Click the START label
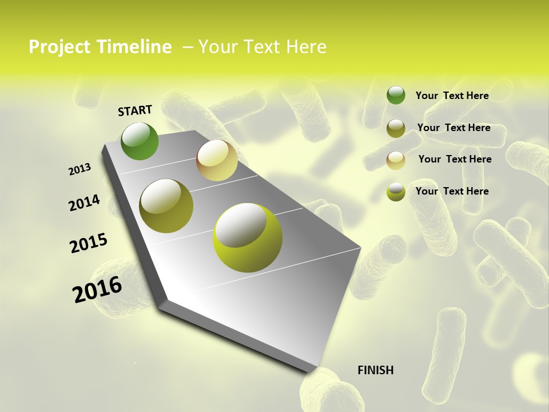coord(135,110)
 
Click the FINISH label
coord(375,370)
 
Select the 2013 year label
coord(80,169)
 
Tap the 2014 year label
coord(85,203)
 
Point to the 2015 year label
coord(89,243)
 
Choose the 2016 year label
coord(97,290)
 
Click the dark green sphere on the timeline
coord(140,141)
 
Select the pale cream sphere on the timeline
coord(217,160)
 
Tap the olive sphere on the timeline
coord(166,206)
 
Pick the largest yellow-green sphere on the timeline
coord(247,237)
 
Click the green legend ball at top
coord(396,95)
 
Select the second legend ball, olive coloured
coord(396,128)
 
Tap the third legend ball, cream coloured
coord(396,160)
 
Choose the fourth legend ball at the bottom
coord(396,192)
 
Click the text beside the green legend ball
coord(452,96)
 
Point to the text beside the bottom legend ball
coord(452,191)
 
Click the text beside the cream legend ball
coord(455,159)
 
